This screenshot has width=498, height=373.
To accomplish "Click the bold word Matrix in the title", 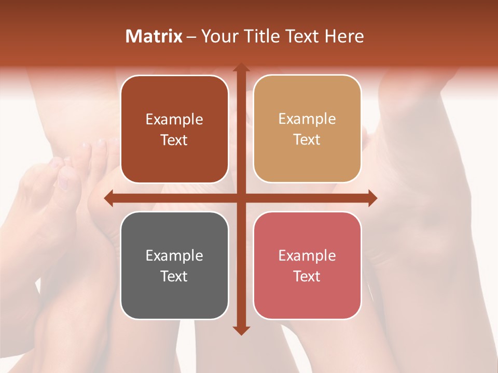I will click(x=154, y=36).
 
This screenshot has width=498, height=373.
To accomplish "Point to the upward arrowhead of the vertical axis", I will click(x=241, y=68).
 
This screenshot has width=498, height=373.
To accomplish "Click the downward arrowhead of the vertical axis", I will click(x=241, y=330).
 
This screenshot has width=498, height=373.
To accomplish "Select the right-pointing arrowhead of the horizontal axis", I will click(x=372, y=198).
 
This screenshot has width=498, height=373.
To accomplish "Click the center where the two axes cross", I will click(x=241, y=198).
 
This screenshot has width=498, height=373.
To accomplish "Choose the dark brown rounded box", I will click(x=174, y=130).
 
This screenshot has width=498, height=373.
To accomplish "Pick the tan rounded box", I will click(x=307, y=130).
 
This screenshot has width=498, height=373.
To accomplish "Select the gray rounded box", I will click(x=174, y=266).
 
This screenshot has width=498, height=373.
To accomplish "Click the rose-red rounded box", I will click(x=307, y=266).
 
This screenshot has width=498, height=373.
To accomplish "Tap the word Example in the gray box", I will click(x=174, y=255).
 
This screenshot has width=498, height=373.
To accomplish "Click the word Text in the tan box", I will click(x=307, y=140).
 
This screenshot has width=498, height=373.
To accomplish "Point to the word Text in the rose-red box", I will click(x=307, y=276).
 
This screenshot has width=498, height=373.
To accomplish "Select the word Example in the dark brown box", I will click(x=174, y=119).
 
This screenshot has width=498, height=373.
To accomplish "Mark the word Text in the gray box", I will click(x=174, y=276).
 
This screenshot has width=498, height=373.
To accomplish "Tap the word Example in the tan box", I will click(x=307, y=119).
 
